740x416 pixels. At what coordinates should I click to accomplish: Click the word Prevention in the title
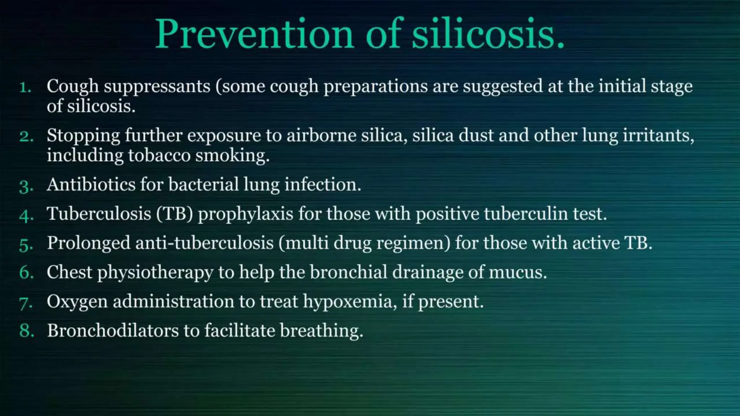pos(254,34)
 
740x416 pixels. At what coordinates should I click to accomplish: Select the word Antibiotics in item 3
pos(91,185)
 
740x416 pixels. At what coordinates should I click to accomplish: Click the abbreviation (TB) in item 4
pos(175,214)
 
